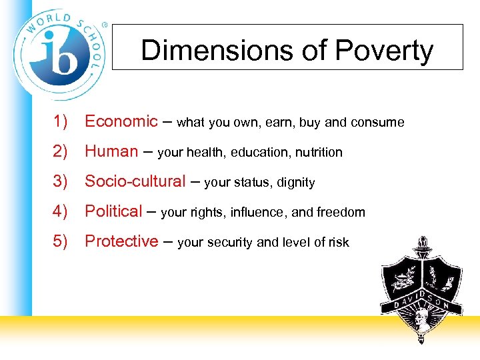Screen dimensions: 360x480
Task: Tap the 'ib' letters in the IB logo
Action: [x=59, y=53]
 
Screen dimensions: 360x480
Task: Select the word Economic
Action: [x=121, y=121]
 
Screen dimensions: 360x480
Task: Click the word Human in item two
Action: [x=111, y=151]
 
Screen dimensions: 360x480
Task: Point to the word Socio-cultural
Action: [x=135, y=181]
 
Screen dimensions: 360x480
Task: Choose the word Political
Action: [x=113, y=211]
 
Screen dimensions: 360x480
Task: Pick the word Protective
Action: [x=121, y=241]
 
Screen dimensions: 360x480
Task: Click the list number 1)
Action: [x=61, y=121]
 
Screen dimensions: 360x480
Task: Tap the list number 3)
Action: [x=61, y=181]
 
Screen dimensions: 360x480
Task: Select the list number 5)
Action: [x=61, y=241]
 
